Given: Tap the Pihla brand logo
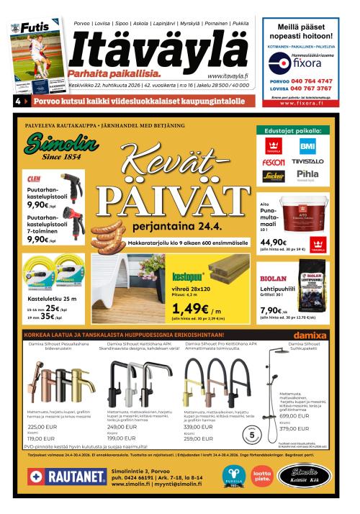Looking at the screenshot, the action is tap(307, 194).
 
